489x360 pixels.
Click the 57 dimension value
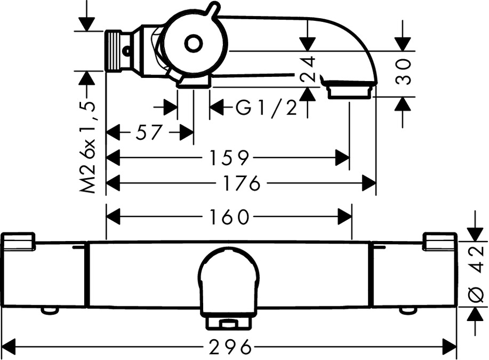point(148,132)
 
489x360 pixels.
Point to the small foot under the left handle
point(50,310)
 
